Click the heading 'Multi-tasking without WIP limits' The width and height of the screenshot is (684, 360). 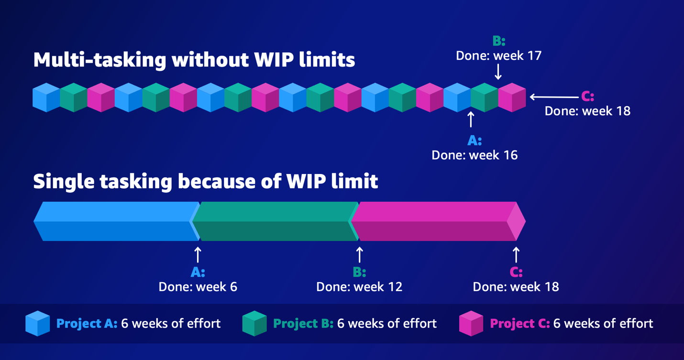pos(194,59)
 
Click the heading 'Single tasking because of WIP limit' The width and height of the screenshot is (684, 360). pos(206,182)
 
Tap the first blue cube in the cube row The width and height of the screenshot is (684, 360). pos(46,98)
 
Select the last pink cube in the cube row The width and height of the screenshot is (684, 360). pos(512,98)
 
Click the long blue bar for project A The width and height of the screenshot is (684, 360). pos(116,221)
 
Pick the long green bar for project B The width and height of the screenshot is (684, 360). pos(275,221)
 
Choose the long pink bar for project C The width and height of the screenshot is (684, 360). pos(438,221)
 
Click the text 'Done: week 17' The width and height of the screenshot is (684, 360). pos(498,56)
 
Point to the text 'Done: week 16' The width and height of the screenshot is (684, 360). pos(474,155)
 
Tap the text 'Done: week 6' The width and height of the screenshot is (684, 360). pos(198,287)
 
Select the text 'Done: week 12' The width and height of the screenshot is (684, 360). pos(359,287)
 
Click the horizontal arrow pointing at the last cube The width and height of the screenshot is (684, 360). pos(554,97)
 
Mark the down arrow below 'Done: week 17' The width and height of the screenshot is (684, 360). pos(498,72)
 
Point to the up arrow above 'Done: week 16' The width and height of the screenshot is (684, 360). pos(471,120)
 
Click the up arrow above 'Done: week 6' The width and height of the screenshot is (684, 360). pos(198,255)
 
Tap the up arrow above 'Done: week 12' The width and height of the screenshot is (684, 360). pos(359,255)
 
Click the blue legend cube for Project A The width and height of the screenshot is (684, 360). pos(38,323)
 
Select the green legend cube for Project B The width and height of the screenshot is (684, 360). pos(254,323)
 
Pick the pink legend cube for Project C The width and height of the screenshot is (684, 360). pos(471,323)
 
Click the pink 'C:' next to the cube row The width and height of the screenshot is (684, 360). pos(587,97)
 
